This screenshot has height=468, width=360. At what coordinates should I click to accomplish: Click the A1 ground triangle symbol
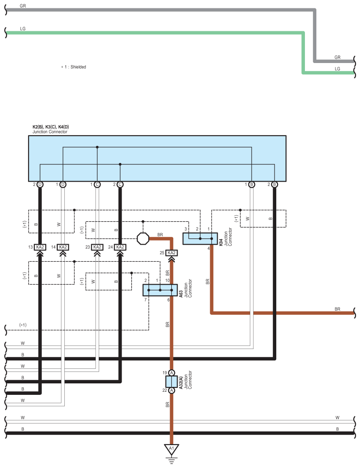172,449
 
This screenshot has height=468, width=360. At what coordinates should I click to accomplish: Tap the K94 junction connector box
200,239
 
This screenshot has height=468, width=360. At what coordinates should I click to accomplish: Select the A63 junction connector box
160,290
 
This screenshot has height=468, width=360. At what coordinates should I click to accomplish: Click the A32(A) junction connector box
171,382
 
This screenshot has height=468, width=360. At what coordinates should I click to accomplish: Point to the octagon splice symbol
143,238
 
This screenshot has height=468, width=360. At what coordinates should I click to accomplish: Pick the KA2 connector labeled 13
40,247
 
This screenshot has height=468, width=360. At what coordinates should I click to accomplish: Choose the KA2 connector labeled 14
63,247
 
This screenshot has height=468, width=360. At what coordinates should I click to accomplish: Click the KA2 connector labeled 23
97,247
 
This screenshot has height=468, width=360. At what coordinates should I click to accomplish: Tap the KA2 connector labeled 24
120,247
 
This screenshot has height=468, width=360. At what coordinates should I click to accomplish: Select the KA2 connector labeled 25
171,253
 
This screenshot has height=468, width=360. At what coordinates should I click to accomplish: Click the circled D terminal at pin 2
40,184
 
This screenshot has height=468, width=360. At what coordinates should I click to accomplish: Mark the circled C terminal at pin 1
97,184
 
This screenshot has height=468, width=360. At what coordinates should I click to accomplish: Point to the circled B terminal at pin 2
274,184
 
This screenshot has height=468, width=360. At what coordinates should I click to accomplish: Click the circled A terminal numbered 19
171,372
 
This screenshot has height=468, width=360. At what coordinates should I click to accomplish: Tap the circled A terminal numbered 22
171,391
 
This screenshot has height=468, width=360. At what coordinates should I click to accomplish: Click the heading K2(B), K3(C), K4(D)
51,127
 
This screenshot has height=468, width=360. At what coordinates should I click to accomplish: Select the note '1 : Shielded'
74,67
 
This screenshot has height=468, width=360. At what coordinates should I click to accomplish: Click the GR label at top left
23,6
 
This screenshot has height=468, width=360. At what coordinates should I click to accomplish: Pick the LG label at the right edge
338,69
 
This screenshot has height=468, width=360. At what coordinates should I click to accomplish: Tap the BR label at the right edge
338,309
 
